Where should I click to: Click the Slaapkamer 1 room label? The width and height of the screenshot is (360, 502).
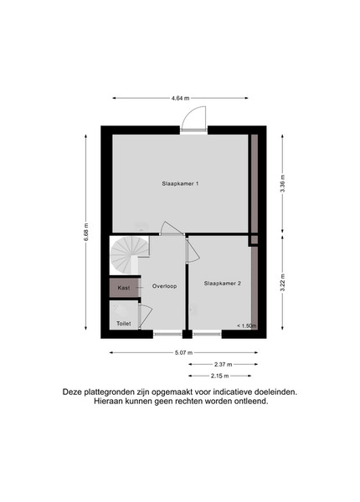(x=180, y=184)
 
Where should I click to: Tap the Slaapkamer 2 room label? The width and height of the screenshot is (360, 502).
(x=222, y=284)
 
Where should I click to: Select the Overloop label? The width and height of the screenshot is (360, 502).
(x=164, y=286)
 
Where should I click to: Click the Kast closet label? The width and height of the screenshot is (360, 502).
(x=124, y=288)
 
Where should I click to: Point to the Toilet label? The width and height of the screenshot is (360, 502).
(x=124, y=324)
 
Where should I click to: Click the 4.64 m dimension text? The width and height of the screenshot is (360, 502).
(x=180, y=98)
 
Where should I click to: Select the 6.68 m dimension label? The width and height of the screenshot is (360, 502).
(x=86, y=233)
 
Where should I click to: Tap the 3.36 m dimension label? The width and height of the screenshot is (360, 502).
(x=282, y=184)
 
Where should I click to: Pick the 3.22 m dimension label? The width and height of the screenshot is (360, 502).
(x=282, y=283)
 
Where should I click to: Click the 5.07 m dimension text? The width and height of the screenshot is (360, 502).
(x=183, y=353)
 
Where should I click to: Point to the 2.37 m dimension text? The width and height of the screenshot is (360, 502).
(x=224, y=364)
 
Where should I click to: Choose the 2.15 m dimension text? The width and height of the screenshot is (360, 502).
(x=219, y=376)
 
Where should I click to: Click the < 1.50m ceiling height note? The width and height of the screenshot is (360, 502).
(x=247, y=326)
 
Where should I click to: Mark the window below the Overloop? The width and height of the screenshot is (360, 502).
(x=167, y=335)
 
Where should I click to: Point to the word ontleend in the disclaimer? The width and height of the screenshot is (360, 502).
(x=254, y=402)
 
